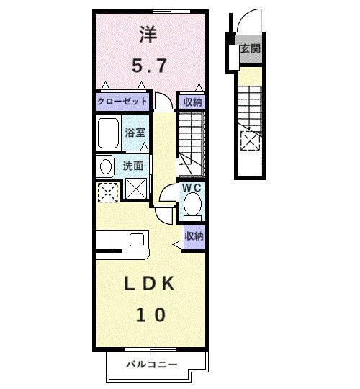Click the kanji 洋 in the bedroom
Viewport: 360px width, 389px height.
click(150, 35)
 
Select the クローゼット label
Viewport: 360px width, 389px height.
click(123, 102)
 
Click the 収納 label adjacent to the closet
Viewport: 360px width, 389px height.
click(192, 102)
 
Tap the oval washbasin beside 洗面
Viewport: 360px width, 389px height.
click(106, 166)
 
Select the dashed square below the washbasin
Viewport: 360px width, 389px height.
click(107, 191)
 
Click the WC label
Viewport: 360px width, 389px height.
click(192, 188)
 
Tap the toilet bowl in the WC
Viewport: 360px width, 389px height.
click(192, 206)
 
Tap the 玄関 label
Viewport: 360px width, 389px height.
click(250, 50)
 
